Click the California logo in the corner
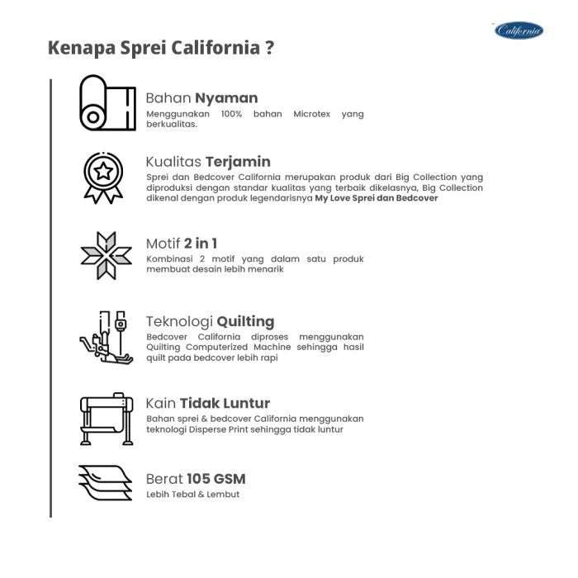tap(519, 31)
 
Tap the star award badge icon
tap(103, 177)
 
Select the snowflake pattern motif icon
tap(106, 255)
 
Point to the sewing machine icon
tap(107, 339)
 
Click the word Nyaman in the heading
tap(226, 97)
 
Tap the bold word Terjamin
tap(238, 161)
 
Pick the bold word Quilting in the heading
tap(245, 321)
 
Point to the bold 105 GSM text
tap(216, 478)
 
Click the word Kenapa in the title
tap(81, 47)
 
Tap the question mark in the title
tap(270, 47)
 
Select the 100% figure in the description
tap(233, 114)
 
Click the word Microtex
tap(312, 114)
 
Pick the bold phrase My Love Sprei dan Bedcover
tap(377, 199)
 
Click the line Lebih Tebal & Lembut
tap(193, 495)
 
